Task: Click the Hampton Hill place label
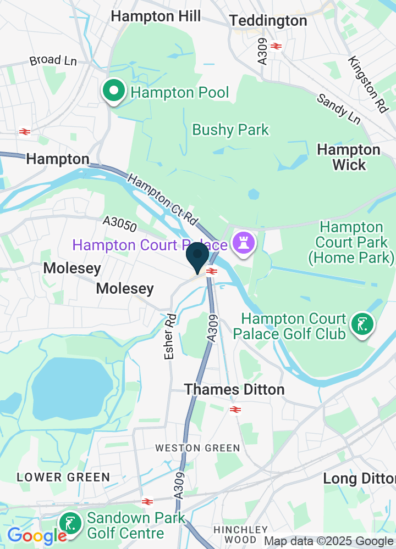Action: (156, 16)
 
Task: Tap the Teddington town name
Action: (268, 21)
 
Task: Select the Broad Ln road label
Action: (53, 60)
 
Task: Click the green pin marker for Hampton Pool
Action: (113, 92)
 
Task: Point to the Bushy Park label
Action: (230, 130)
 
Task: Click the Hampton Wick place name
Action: (349, 157)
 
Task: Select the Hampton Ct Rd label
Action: (163, 198)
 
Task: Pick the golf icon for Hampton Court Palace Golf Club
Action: (362, 325)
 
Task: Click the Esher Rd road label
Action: (171, 337)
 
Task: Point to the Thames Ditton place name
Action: (234, 389)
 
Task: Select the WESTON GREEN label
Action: (197, 448)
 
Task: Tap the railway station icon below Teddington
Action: (276, 46)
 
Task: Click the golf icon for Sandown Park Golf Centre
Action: (70, 524)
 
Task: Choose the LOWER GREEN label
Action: (63, 477)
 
